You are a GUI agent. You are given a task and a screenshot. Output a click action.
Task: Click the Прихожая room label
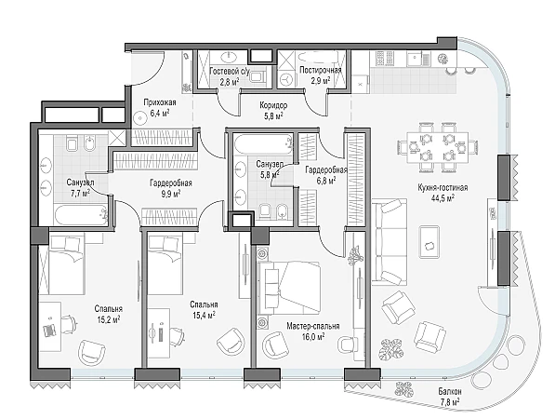tap(159, 102)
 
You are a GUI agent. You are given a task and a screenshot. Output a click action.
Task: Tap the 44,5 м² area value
tap(443, 197)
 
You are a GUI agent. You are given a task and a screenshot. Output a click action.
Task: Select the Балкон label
tap(450, 392)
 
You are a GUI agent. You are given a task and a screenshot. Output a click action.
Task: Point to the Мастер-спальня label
tap(313, 326)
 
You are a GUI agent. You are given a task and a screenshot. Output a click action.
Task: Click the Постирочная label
tap(321, 70)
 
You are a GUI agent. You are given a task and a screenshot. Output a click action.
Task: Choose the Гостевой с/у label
tap(230, 71)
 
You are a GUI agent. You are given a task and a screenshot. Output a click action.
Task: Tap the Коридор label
tap(273, 105)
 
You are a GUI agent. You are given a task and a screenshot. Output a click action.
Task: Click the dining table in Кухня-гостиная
tap(438, 147)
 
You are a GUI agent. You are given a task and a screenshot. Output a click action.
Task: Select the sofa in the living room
tap(389, 242)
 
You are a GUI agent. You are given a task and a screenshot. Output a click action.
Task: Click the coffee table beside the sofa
tap(429, 243)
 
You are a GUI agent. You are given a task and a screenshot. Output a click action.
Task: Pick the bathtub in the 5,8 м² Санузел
tap(263, 144)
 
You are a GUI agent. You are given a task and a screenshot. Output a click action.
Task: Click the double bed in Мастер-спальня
tap(289, 288)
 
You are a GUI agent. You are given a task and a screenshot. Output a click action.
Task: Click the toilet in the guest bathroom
tap(258, 75)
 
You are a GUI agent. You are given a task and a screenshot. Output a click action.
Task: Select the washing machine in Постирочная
tap(286, 80)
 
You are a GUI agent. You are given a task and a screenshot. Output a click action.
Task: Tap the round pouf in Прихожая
tap(140, 117)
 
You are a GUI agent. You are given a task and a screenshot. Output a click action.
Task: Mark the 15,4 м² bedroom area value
tap(204, 315)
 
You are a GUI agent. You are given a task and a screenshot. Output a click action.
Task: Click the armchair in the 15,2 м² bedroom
tap(92, 352)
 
